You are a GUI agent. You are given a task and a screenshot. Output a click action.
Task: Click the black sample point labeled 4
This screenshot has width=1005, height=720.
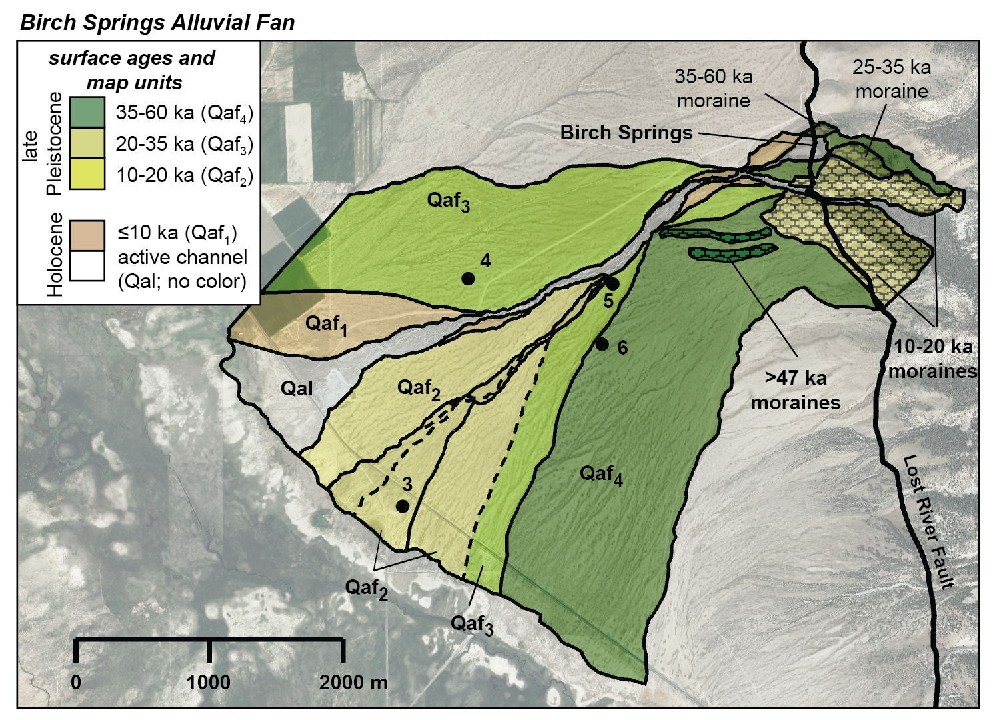coord(468,279)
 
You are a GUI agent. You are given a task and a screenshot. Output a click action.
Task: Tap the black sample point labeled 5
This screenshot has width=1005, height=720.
coord(612,284)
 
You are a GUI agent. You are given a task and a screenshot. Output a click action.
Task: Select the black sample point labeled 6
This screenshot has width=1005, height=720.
coord(602,345)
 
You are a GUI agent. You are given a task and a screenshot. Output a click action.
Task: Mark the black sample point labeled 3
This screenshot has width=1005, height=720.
coord(403,507)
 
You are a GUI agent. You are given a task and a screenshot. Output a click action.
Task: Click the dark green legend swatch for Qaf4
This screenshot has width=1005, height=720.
coord(87,112)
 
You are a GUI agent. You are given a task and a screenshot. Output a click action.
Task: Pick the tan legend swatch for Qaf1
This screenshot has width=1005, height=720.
coord(87,235)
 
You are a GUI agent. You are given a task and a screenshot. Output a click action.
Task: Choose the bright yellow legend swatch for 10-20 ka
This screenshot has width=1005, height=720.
coord(87,174)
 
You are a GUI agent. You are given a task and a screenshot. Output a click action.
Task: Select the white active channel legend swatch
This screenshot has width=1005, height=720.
coord(87,265)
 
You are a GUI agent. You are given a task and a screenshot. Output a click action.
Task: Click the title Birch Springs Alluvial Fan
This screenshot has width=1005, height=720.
coord(157,23)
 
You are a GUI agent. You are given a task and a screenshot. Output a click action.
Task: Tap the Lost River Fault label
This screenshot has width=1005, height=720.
coord(927,522)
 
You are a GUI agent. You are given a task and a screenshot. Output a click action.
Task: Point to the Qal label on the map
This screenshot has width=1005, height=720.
coord(297,389)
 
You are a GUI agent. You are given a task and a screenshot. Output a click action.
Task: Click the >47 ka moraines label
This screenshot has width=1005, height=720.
coord(795,390)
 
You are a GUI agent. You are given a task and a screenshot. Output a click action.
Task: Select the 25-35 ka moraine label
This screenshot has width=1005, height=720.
coord(892,79)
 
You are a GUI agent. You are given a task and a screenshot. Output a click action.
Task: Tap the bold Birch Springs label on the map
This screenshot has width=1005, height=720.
coord(626,133)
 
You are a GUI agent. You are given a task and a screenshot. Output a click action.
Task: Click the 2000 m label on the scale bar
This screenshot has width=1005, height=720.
coord(353,683)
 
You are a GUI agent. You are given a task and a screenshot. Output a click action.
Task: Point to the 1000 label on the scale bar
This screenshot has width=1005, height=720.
coord(209,683)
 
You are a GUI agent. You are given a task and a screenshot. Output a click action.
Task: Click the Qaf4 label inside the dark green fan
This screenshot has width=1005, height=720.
coord(601,475)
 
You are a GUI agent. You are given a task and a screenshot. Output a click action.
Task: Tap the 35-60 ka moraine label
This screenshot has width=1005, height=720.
coord(713,88)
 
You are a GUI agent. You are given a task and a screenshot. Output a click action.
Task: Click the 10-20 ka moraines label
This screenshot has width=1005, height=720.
coord(932,359)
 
